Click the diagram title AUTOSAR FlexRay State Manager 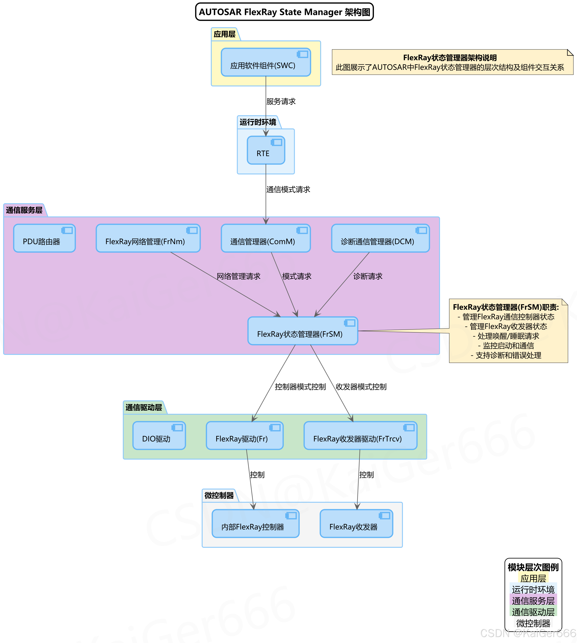(x=284, y=12)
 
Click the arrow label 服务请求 (x=281, y=101)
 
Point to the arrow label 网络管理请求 (x=238, y=276)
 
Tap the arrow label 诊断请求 (x=368, y=276)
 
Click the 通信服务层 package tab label (x=24, y=210)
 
